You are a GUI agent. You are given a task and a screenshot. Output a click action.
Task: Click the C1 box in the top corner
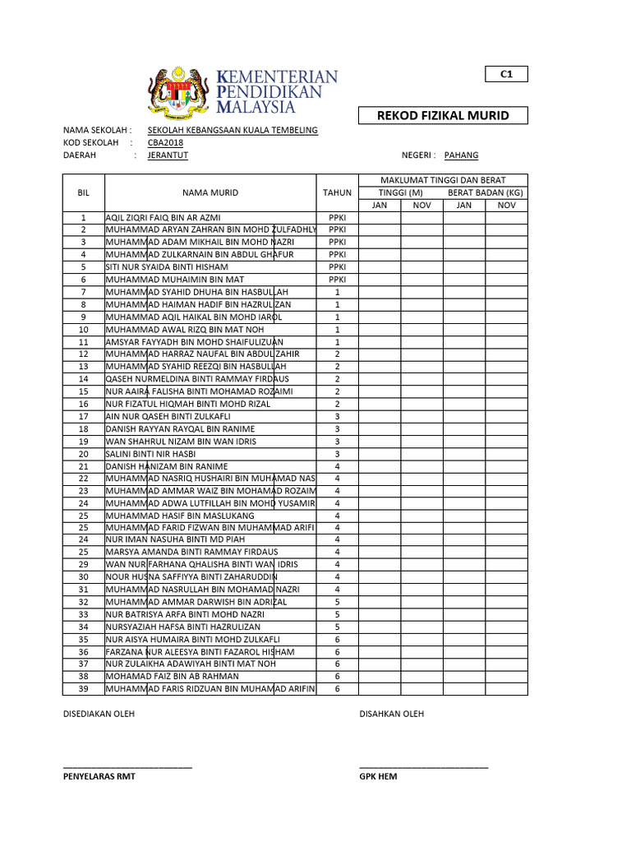[506, 75]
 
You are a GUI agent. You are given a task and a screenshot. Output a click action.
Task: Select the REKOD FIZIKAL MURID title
[442, 116]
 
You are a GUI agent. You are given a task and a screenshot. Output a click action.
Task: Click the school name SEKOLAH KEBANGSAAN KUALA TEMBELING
[233, 130]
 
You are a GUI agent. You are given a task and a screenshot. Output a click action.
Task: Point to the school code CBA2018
[165, 142]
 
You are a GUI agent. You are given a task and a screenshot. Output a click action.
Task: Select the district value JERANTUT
[168, 155]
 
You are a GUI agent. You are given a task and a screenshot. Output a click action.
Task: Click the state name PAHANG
[461, 155]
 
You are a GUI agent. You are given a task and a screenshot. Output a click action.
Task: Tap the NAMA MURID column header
[210, 192]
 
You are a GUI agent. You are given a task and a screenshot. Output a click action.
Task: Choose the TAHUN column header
[337, 192]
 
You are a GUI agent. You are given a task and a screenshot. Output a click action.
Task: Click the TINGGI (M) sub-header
[400, 192]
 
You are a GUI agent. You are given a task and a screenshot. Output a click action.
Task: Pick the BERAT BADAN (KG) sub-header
[485, 192]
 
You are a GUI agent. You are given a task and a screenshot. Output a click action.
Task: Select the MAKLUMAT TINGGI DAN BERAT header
[442, 180]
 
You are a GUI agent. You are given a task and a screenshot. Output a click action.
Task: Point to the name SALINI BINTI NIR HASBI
[150, 454]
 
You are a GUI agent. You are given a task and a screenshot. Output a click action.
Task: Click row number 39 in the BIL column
[83, 689]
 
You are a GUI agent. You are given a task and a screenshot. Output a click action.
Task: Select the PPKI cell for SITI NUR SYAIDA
[337, 267]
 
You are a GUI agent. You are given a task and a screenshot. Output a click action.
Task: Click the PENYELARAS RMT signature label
[99, 776]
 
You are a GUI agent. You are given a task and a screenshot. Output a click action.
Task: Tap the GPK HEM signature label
[378, 776]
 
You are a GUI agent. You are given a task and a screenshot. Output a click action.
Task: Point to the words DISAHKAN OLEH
[392, 714]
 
